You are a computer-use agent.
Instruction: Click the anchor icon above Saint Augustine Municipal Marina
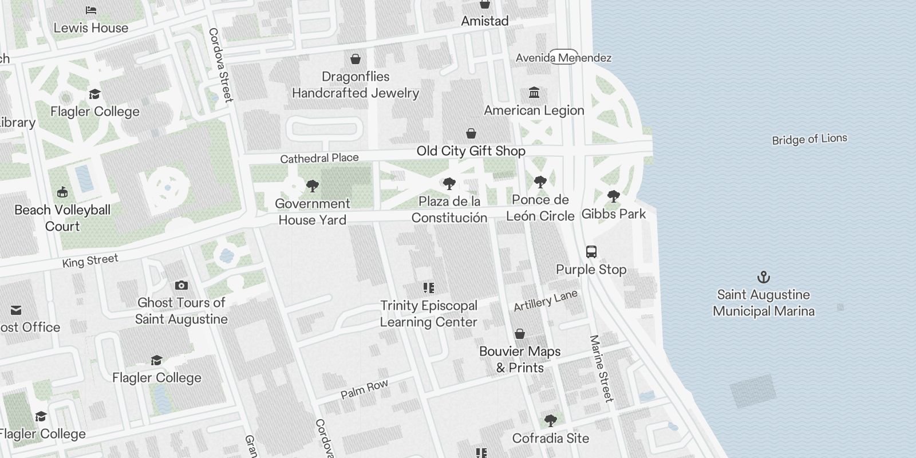click(763, 278)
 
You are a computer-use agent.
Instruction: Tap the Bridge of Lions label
click(809, 139)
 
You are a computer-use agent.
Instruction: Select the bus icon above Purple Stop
click(591, 252)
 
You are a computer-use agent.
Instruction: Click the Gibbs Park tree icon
click(613, 197)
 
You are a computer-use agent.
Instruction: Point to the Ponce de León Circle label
click(540, 208)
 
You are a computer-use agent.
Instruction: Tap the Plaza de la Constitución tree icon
click(449, 184)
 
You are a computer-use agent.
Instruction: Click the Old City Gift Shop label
click(471, 151)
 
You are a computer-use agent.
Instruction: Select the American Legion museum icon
click(534, 93)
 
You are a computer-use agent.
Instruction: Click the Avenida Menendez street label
click(563, 58)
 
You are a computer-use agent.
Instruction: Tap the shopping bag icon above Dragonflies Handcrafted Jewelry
click(355, 59)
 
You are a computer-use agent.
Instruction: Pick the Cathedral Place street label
click(319, 158)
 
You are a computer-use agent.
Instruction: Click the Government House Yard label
click(312, 212)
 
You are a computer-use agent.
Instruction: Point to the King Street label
click(90, 261)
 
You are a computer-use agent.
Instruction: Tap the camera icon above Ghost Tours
click(181, 285)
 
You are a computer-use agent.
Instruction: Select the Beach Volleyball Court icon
click(62, 192)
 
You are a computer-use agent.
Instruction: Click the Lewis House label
click(91, 27)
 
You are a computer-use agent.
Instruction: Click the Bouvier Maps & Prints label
click(520, 359)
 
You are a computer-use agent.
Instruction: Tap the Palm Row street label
click(364, 389)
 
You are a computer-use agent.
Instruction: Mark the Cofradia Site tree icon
click(550, 421)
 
